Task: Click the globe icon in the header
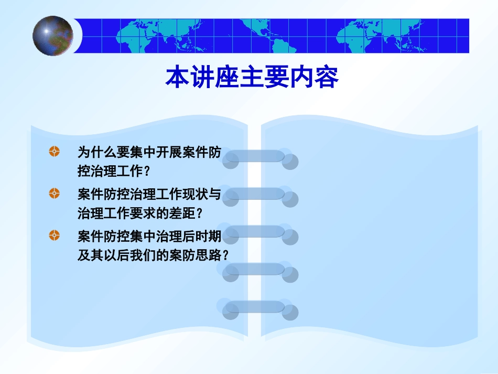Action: click(53, 36)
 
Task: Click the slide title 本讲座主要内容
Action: click(252, 78)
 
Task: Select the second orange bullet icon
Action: click(54, 194)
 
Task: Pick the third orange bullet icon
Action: click(54, 235)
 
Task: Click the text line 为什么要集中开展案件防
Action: click(149, 153)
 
